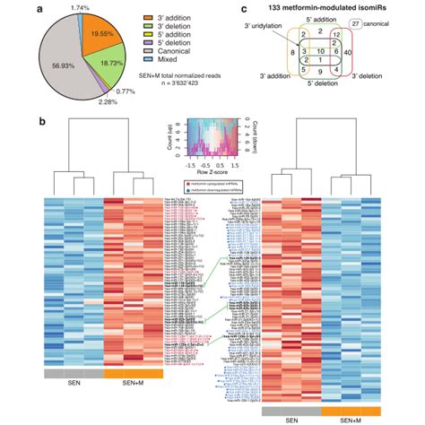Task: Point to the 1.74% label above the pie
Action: point(82,7)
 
